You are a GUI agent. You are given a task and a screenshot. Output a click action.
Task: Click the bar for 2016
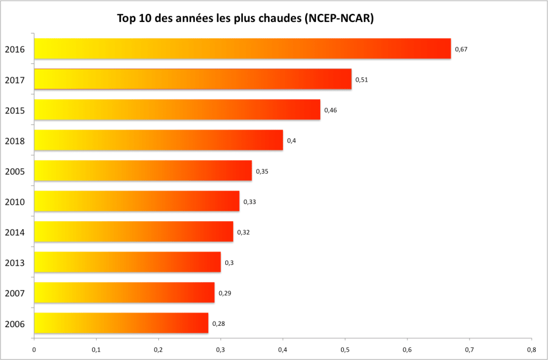pos(242,49)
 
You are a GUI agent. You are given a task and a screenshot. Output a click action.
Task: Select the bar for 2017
pos(192,79)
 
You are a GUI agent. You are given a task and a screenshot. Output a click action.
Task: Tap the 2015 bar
pos(177,110)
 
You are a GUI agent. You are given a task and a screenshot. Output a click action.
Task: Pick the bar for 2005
pos(142,171)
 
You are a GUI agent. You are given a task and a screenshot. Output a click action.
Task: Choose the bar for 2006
pos(121,323)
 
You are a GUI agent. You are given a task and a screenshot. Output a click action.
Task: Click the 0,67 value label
pos(461,49)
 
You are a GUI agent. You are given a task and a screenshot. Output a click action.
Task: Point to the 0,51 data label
pos(362,80)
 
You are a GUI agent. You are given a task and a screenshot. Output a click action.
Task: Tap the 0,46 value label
pos(331,110)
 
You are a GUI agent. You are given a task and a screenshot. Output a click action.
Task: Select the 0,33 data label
pos(250,202)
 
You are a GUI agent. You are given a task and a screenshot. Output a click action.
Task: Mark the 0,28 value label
pos(219,323)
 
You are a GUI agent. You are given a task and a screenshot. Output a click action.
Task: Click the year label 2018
pos(15,141)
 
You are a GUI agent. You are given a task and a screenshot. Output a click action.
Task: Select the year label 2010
pos(15,202)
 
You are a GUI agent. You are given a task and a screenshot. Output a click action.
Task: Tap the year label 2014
pos(15,232)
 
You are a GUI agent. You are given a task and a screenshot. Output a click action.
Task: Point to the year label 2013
pos(15,263)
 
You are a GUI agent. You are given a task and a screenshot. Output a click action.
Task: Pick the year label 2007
pos(15,293)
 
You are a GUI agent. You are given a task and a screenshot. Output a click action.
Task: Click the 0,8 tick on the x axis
pos(532,350)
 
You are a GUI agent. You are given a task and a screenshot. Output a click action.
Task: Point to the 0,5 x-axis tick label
pos(345,350)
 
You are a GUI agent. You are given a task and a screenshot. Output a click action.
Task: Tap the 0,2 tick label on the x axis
pos(158,350)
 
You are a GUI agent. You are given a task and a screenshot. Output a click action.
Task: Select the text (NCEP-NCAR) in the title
pos(339,19)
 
